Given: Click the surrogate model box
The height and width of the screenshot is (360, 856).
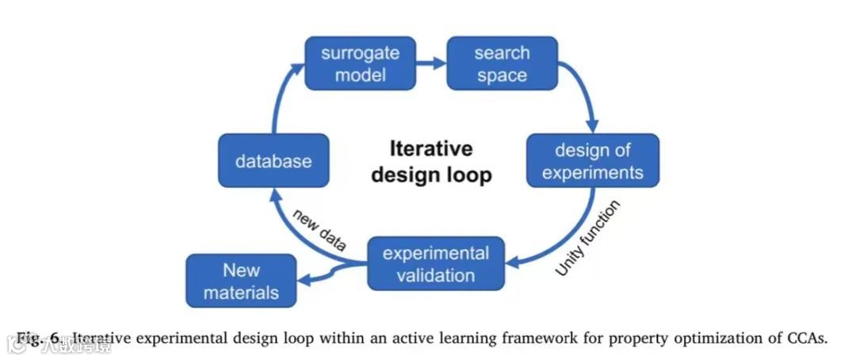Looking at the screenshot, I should [x=361, y=64].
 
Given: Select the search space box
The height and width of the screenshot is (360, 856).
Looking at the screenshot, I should [x=502, y=64].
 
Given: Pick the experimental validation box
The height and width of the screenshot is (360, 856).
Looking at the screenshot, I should [x=436, y=264].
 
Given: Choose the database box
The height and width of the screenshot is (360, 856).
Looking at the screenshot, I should [x=273, y=161].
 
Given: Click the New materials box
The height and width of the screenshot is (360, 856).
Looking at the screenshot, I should [x=241, y=281].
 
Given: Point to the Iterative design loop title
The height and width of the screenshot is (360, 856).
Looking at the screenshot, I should [x=431, y=161].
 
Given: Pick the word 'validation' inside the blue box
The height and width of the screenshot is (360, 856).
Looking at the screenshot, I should [x=437, y=275].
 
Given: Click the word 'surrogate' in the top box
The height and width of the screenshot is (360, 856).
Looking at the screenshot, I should [x=361, y=54].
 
